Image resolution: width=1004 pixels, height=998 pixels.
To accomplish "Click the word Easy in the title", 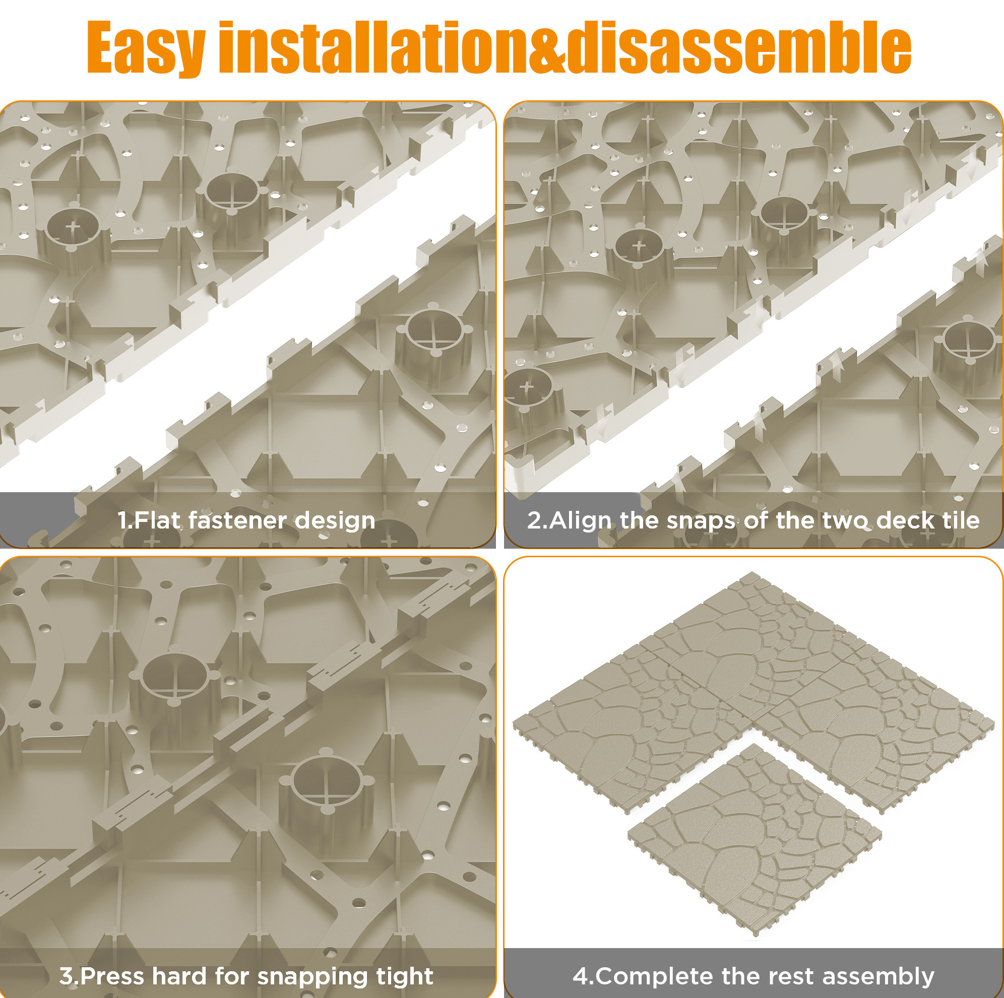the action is [x=146, y=48].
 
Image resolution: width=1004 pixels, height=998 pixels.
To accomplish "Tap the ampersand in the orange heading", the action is [x=546, y=48].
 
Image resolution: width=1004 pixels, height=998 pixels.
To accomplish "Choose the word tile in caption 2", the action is [x=958, y=520].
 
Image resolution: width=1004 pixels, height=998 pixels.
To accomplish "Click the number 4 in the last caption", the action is [x=581, y=977].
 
